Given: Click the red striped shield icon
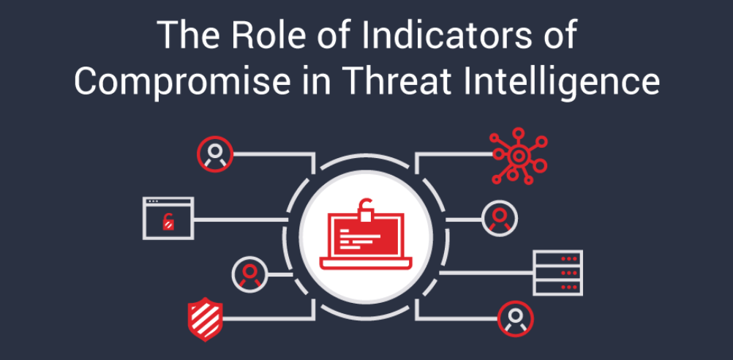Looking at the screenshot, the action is [206, 319].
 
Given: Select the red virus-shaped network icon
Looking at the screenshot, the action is [518, 156].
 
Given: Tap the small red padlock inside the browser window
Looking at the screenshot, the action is [168, 221].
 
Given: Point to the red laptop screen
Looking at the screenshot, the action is [366, 236].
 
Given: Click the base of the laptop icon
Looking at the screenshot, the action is [366, 264].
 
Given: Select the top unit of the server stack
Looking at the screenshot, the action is [557, 258].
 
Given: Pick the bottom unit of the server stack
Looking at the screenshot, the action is [557, 288].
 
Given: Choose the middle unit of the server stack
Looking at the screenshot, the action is [557, 273].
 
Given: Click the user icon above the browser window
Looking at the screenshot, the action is [215, 154].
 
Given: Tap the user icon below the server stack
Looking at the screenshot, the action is [516, 319].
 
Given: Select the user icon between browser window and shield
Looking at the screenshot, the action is [249, 274].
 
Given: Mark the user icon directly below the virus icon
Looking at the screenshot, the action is [500, 218].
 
